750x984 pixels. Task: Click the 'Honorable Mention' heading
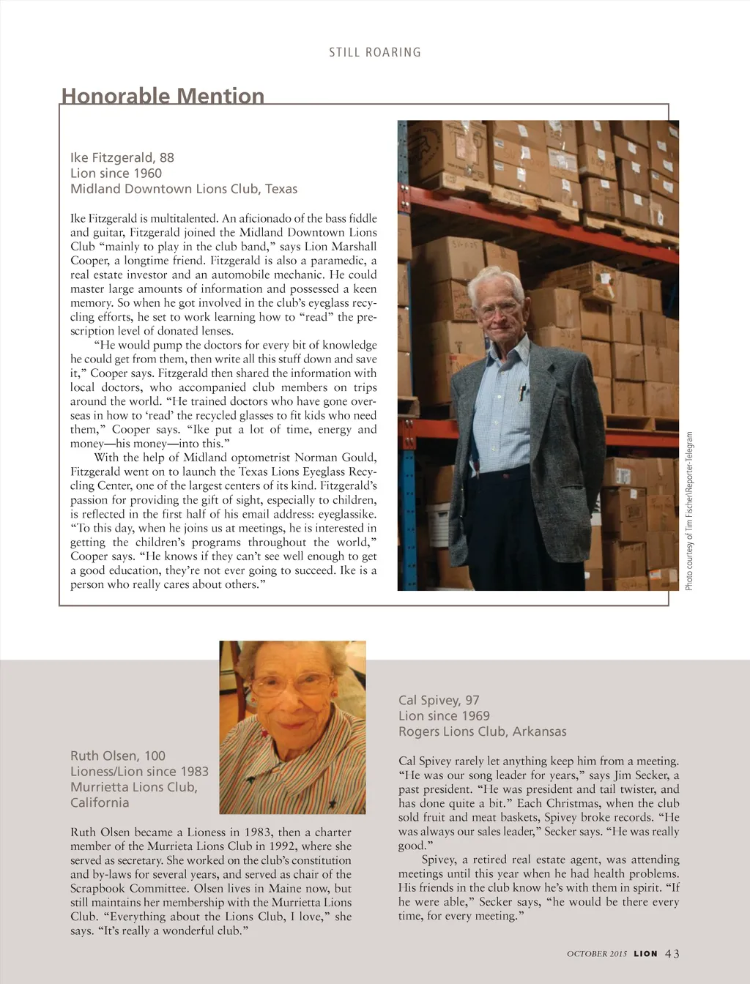pos(163,96)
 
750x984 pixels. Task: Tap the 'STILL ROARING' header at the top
pos(375,53)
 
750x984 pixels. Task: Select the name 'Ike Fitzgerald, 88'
pos(122,157)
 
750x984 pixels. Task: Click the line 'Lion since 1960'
pos(116,174)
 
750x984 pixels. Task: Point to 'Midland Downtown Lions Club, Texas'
pos(184,189)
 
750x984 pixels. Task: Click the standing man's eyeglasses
pos(500,310)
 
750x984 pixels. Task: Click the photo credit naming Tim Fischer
pos(689,511)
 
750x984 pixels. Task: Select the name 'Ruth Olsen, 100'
pos(118,756)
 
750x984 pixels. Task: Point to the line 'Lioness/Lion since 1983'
pos(139,771)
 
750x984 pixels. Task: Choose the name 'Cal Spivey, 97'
pos(439,700)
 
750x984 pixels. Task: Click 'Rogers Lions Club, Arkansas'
pos(482,731)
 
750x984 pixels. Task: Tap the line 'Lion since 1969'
pos(444,716)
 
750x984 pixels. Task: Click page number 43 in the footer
pos(672,953)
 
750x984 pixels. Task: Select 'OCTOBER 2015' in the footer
pos(597,954)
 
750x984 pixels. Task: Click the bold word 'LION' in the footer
pos(645,954)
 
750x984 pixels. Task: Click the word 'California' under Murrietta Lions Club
pos(100,802)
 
